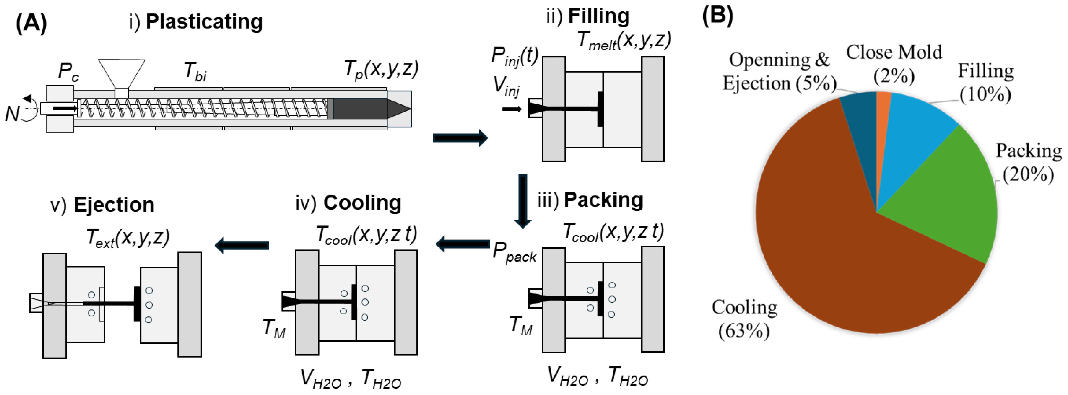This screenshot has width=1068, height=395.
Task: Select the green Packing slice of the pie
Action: point(949,195)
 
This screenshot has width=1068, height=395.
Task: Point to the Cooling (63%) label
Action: point(744,318)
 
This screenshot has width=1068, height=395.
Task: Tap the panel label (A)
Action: point(31,23)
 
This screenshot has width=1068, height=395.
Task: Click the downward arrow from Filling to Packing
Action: point(523,201)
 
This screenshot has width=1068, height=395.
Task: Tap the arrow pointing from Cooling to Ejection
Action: point(242,245)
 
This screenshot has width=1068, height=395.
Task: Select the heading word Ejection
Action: point(114,205)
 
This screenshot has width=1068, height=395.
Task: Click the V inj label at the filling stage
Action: point(506,87)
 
